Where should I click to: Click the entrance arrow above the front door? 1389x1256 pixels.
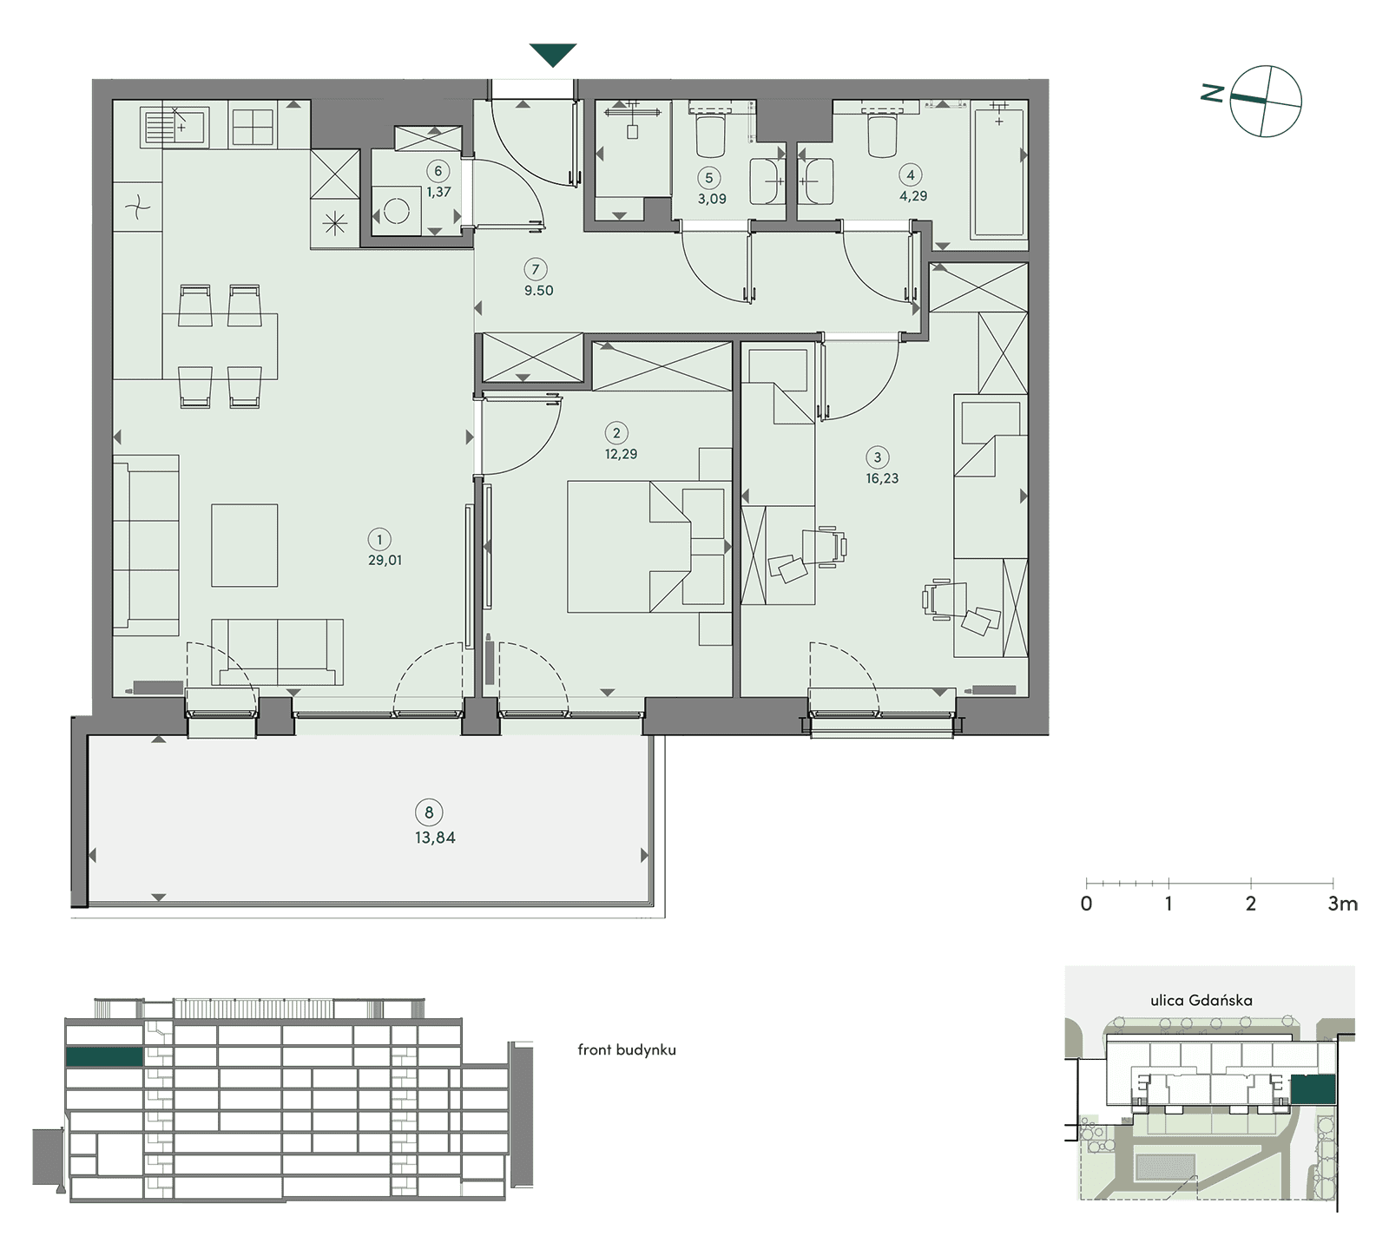click(553, 55)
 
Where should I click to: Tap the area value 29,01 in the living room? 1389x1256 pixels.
click(385, 561)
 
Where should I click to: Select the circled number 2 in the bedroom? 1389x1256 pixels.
click(616, 433)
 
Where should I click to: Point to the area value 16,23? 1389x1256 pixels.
click(882, 478)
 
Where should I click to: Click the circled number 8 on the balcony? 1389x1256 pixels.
click(429, 813)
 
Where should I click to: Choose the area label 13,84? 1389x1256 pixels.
click(435, 838)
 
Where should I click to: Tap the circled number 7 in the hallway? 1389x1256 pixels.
click(537, 270)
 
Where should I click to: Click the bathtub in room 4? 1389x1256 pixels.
click(999, 169)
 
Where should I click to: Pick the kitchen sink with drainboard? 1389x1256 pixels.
click(174, 127)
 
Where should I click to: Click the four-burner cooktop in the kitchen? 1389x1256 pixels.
click(253, 128)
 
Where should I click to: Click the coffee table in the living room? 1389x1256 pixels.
click(245, 545)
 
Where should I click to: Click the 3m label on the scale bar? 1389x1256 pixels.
click(1342, 904)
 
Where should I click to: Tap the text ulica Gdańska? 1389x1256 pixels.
click(1201, 1000)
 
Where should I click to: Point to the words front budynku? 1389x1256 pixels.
click(627, 1049)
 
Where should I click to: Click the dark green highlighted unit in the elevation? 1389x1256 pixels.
click(104, 1056)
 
